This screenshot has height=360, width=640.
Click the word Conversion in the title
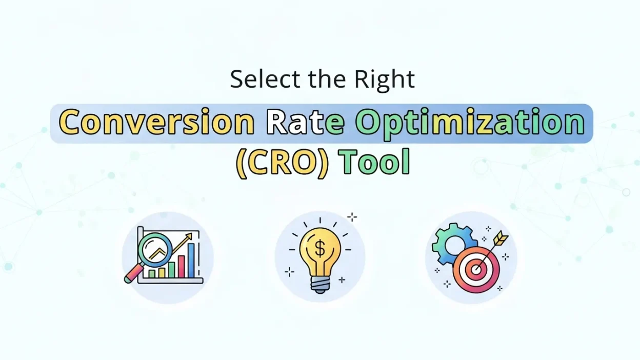[156, 123]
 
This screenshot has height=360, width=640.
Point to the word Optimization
[470, 123]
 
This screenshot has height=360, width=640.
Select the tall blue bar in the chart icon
[191, 260]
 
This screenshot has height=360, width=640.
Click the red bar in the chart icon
[181, 266]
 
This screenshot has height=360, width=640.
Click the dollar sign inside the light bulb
[319, 249]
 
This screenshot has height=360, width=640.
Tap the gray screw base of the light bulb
[319, 285]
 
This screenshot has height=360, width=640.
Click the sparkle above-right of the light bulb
[352, 217]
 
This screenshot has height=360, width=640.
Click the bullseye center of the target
[476, 269]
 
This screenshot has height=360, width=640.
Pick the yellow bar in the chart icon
[162, 272]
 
